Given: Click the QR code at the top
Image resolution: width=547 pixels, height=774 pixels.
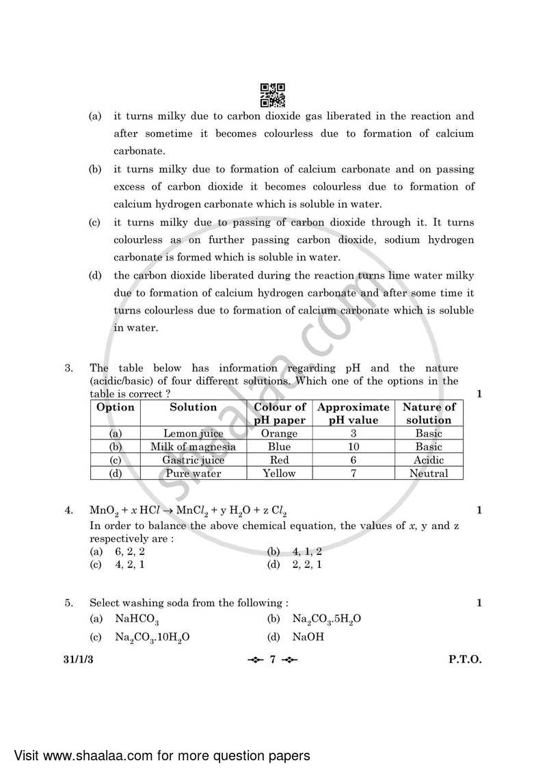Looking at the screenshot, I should point(273,95).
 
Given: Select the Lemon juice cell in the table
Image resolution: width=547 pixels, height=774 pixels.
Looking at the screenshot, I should point(193,433).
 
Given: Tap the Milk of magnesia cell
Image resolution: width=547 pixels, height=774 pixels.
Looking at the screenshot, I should point(193,447).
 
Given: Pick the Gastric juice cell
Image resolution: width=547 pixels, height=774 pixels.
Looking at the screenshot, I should point(193,460).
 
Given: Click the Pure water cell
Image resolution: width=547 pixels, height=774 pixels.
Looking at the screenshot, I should point(193,473).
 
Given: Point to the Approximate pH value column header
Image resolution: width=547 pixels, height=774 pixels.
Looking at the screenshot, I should point(353,413).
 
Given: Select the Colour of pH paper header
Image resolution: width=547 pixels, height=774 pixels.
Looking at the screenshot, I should point(280,413).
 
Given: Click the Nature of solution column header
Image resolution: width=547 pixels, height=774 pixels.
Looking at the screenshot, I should point(429,413).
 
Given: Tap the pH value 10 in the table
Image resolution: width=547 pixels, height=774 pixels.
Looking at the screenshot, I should point(353,447).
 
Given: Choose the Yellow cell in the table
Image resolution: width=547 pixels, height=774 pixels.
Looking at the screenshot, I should point(280,473).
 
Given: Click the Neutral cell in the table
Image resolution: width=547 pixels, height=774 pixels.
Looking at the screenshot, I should point(429,473).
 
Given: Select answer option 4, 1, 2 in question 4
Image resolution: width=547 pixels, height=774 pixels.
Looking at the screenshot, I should point(307,551).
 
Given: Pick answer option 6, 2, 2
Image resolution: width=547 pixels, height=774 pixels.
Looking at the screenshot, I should point(129,551).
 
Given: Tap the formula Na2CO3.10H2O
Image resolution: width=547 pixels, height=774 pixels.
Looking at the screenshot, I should point(152,637).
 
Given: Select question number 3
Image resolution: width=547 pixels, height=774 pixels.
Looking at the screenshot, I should point(68,368).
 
